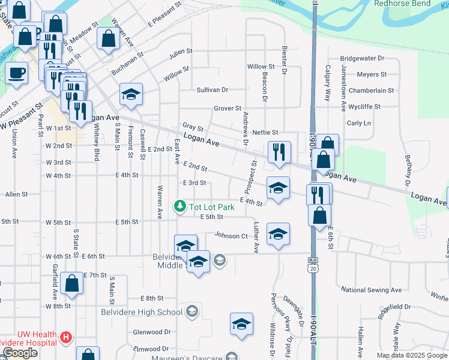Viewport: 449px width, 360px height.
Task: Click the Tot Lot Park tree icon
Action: [x=179, y=207]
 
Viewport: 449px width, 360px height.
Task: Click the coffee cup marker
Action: [x=16, y=74]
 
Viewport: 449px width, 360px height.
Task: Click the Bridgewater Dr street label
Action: [x=361, y=59]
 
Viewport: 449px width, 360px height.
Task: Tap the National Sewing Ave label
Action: [x=370, y=290]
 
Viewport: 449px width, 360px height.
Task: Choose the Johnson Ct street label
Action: [x=231, y=236]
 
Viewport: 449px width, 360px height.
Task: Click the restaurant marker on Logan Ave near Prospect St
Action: [x=279, y=152]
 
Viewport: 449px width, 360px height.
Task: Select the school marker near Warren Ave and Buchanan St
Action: [x=131, y=94]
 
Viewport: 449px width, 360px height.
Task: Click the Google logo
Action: [x=20, y=353]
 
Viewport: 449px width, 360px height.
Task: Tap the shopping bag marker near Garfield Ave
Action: [x=71, y=284]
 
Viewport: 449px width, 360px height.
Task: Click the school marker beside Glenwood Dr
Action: [x=241, y=325]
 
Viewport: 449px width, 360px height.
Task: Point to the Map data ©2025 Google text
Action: [x=412, y=355]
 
